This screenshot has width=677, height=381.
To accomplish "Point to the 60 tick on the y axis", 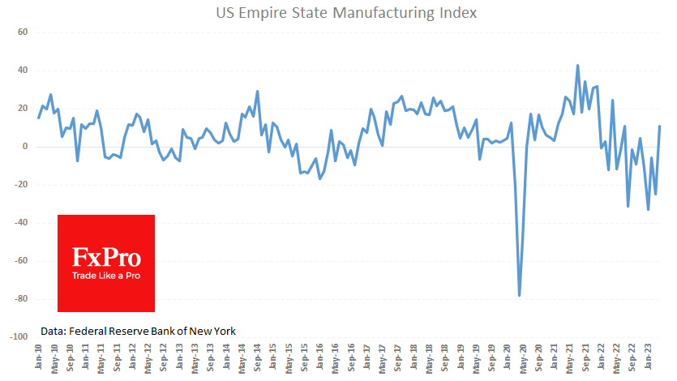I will pyautogui.click(x=23, y=32).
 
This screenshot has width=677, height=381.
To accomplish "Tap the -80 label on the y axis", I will pyautogui.click(x=20, y=299).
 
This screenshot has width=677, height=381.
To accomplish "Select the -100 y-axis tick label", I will pyautogui.click(x=18, y=337).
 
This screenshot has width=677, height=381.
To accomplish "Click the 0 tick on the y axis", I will pyautogui.click(x=25, y=147).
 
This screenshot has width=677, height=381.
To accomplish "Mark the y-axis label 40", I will pyautogui.click(x=23, y=71).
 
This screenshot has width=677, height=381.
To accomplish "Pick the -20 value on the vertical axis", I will pyautogui.click(x=20, y=185).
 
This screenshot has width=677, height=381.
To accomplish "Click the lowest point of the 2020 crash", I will pyautogui.click(x=519, y=295).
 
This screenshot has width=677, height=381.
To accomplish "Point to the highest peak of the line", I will pyautogui.click(x=577, y=66).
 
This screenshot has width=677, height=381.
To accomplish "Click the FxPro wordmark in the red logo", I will pyautogui.click(x=106, y=258).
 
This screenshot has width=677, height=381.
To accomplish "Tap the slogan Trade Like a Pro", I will pyautogui.click(x=106, y=277).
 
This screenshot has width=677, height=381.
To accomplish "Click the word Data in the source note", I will pyautogui.click(x=54, y=330).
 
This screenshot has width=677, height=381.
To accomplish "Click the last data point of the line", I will pyautogui.click(x=660, y=126).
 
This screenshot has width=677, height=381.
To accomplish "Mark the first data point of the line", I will pyautogui.click(x=39, y=118).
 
